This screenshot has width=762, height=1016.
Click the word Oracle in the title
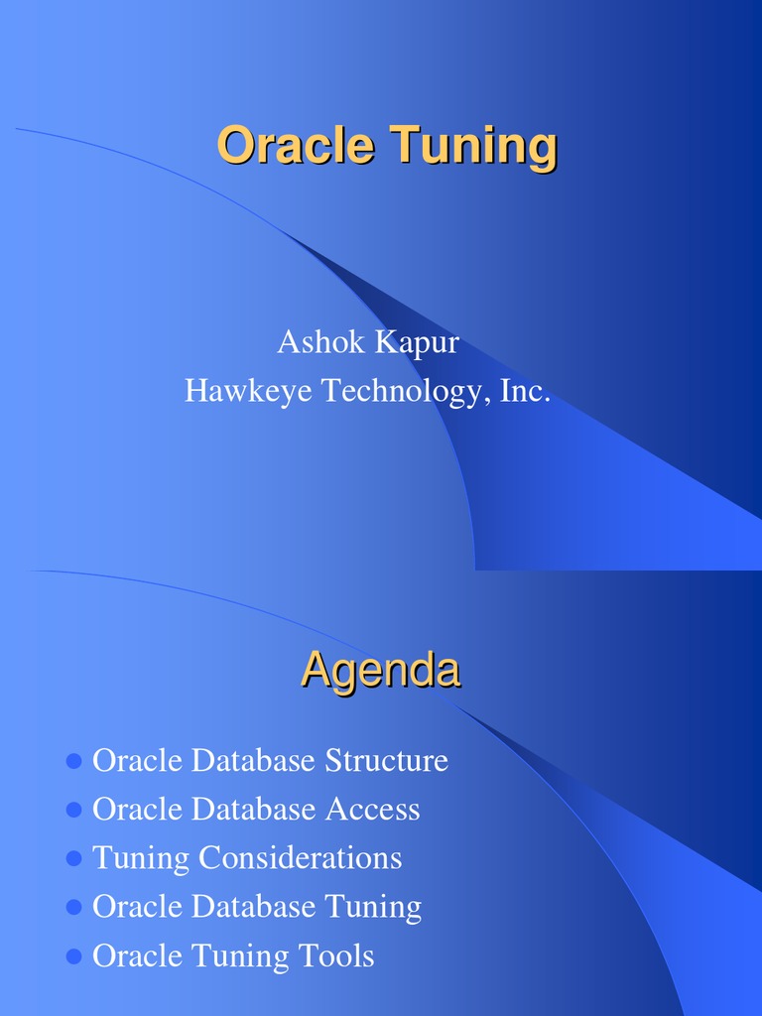pos(295,146)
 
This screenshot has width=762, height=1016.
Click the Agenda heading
pos(380,672)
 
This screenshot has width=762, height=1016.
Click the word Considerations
pos(300,858)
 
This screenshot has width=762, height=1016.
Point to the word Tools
pos(336,956)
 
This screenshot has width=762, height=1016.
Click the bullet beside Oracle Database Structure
pos(72,762)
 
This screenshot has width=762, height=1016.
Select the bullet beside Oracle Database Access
pos(72,811)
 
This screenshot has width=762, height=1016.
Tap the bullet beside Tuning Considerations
pos(72,859)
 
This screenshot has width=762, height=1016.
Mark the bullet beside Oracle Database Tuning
pos(72,908)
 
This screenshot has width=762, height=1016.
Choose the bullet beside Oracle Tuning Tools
pos(72,956)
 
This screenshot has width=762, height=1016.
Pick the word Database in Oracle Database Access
pos(253,810)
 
